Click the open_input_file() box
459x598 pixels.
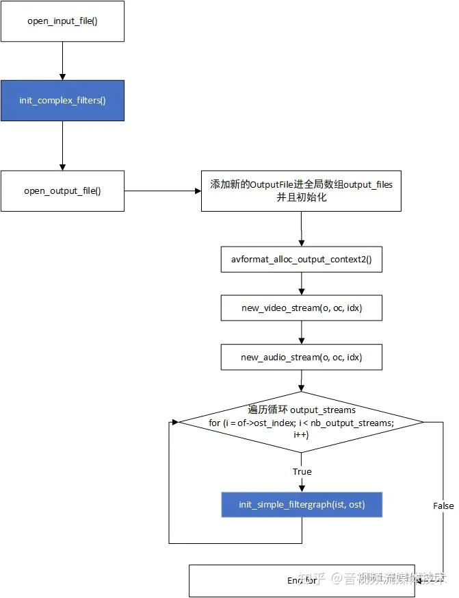[62, 21]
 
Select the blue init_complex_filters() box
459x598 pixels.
[62, 101]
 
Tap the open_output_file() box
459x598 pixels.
[62, 190]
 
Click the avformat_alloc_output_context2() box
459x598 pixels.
[302, 260]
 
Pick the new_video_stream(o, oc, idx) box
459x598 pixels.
[302, 308]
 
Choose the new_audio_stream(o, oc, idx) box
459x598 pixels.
[302, 357]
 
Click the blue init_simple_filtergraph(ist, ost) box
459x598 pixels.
[302, 504]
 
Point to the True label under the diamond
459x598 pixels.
[302, 471]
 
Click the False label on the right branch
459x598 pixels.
[443, 506]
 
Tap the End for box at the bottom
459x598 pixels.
[302, 580]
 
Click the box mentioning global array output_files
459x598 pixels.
[302, 190]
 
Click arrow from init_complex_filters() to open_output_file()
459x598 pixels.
[62, 145]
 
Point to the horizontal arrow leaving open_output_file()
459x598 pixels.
[163, 190]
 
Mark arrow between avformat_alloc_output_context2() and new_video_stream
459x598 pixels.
[302, 284]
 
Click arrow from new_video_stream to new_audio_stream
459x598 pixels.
[302, 333]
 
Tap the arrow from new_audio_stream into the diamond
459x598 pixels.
[302, 382]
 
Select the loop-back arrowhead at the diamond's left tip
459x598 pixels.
[174, 423]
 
